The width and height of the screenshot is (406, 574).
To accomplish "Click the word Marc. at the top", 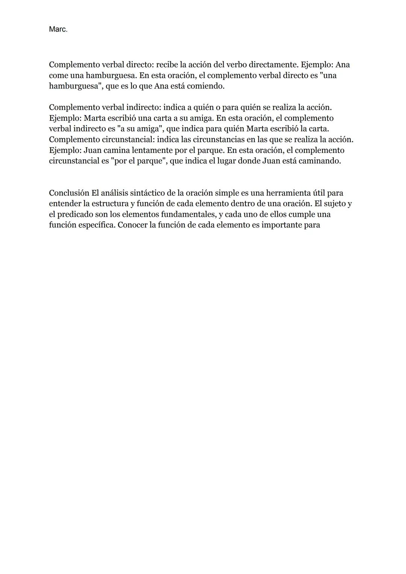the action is click(x=58, y=29).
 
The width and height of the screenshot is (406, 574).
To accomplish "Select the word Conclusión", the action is click(x=69, y=193).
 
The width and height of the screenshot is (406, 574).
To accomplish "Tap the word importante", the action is click(x=283, y=225).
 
